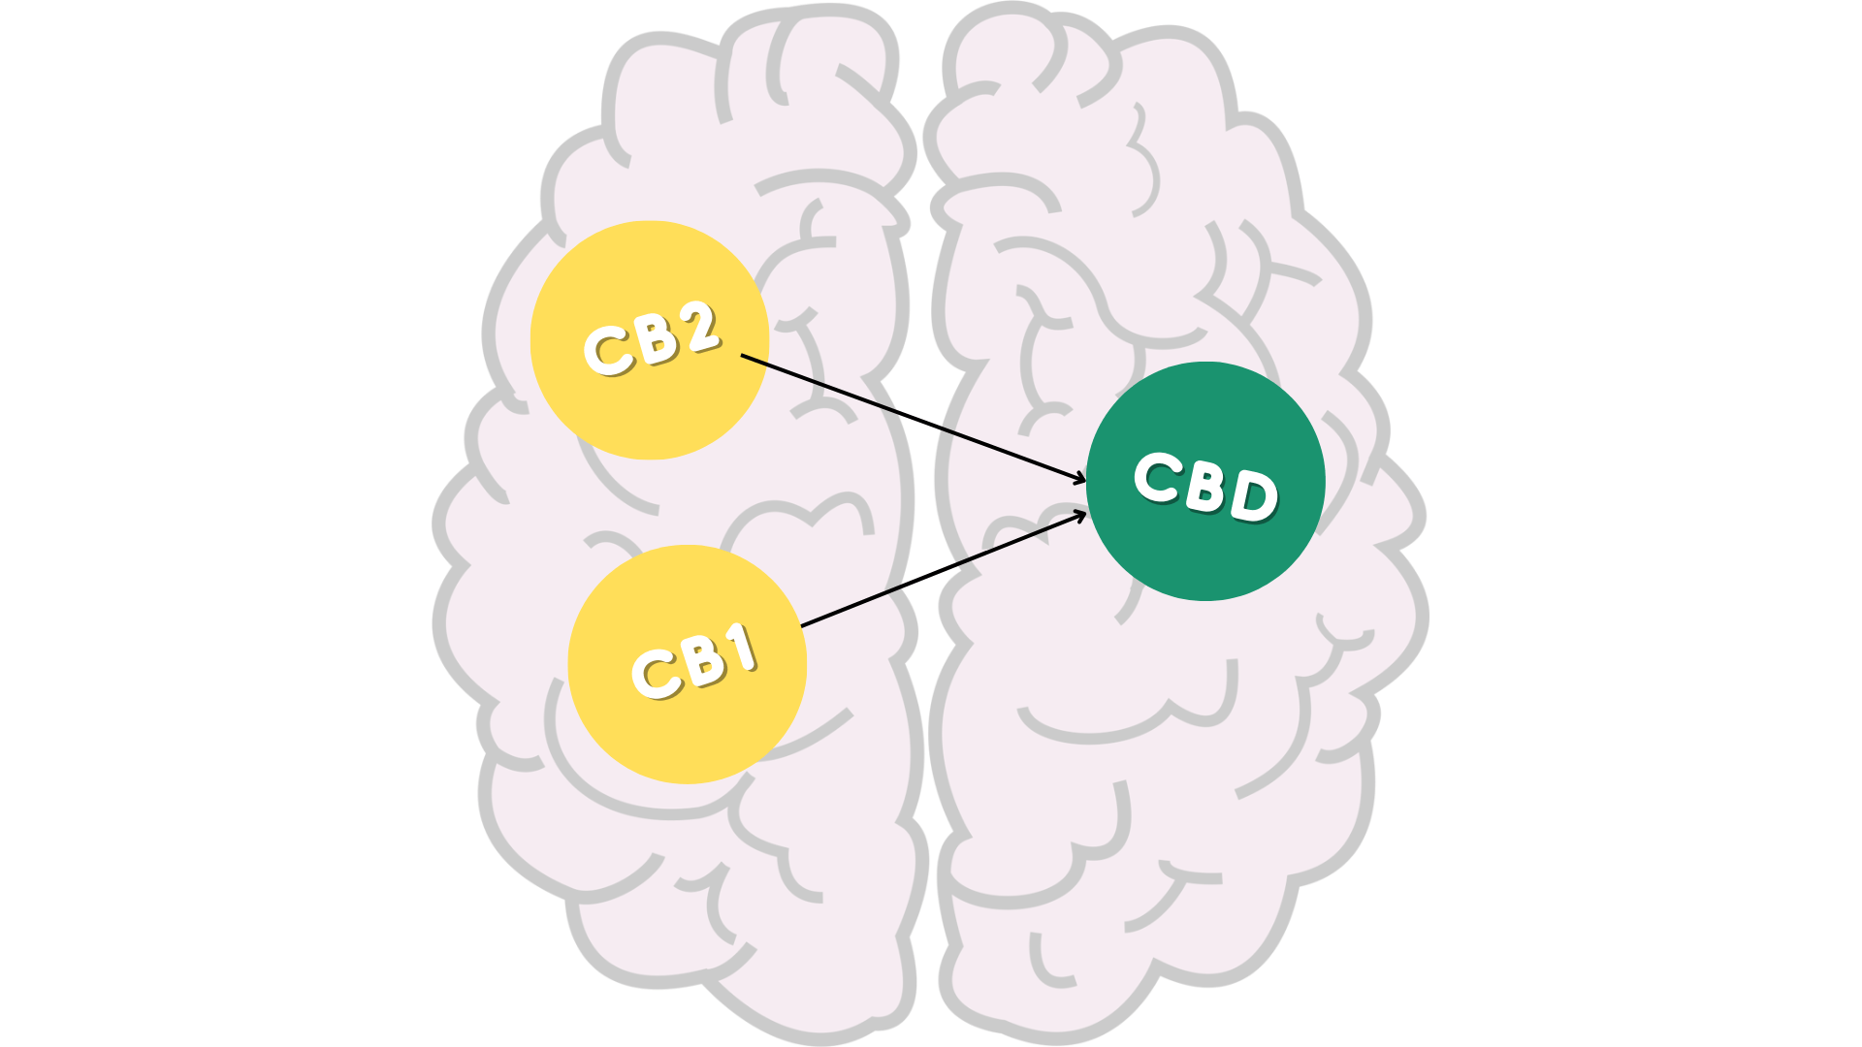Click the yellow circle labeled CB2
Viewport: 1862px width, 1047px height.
[650, 340]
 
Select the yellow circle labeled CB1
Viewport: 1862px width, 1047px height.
[688, 664]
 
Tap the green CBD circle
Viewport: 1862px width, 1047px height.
[1205, 481]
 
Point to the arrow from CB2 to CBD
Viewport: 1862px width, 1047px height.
[914, 418]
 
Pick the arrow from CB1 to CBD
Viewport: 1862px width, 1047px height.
[944, 569]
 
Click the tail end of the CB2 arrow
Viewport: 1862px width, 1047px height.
[742, 355]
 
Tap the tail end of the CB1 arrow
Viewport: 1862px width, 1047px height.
[802, 626]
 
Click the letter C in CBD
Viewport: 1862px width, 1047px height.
[1158, 476]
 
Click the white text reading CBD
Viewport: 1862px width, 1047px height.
[1206, 487]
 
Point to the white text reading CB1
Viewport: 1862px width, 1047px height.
[694, 661]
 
